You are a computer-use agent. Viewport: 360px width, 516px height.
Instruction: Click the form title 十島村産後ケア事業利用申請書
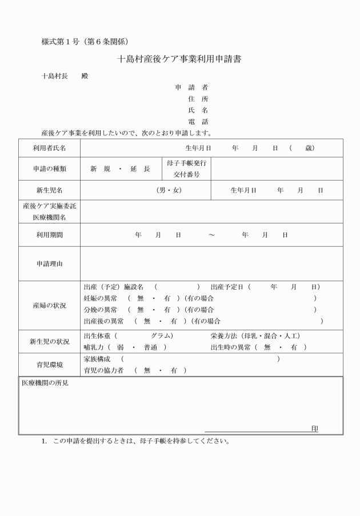point(179,59)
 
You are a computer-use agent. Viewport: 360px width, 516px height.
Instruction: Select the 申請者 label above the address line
point(191,87)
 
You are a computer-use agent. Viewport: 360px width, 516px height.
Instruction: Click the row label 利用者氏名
point(49,148)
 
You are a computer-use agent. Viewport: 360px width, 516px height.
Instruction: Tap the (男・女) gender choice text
point(169,190)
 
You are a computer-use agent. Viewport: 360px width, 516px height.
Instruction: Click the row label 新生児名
point(49,190)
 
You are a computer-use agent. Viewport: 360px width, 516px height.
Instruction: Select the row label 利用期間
point(49,235)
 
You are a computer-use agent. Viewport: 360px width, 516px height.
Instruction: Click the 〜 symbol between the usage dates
point(211,235)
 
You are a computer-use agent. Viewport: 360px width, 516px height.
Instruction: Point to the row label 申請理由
point(49,263)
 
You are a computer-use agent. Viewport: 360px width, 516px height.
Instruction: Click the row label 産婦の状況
point(49,305)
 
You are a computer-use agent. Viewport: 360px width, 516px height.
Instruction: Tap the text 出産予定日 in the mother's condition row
point(227,286)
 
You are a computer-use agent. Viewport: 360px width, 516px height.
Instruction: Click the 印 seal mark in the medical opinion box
point(314,429)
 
